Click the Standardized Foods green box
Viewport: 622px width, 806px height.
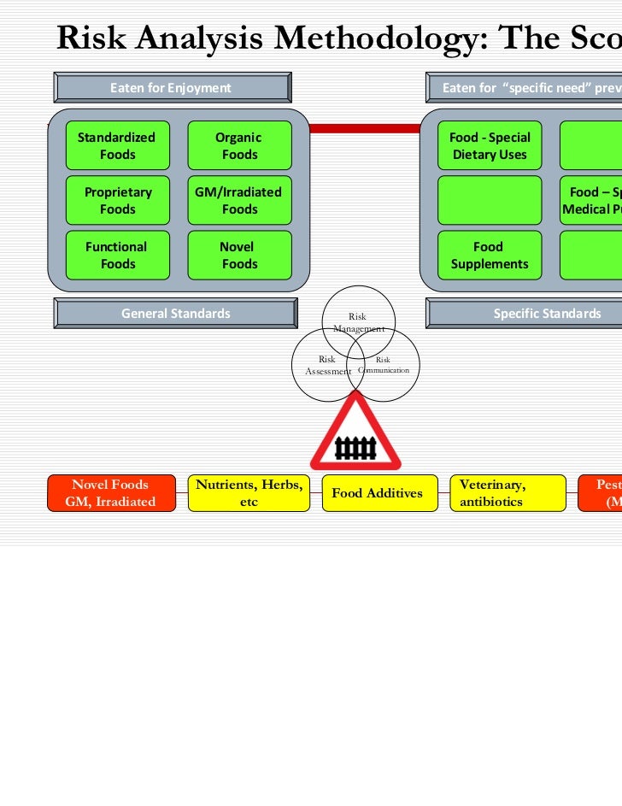(x=117, y=146)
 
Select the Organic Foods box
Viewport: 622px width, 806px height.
(x=239, y=146)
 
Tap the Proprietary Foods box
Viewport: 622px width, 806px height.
(x=117, y=201)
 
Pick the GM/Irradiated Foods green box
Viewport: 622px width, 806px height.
(x=239, y=201)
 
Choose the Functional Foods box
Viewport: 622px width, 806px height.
(x=117, y=256)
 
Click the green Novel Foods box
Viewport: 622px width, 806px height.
(x=239, y=256)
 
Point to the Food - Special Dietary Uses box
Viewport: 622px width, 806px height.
(x=490, y=146)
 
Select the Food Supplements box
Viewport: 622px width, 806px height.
(x=490, y=256)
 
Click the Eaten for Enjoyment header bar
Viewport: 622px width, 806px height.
(x=171, y=88)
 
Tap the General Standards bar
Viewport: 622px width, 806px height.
(x=175, y=314)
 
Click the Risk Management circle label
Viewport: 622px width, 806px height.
(x=359, y=322)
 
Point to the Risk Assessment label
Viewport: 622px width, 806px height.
(x=328, y=366)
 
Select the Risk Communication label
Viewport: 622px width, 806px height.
(x=384, y=365)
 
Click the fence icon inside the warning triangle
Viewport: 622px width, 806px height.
(x=355, y=447)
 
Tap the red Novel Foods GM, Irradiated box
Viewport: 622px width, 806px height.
(x=110, y=493)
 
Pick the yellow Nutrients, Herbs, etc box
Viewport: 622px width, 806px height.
(x=249, y=493)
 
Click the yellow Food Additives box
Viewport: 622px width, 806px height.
(x=377, y=493)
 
